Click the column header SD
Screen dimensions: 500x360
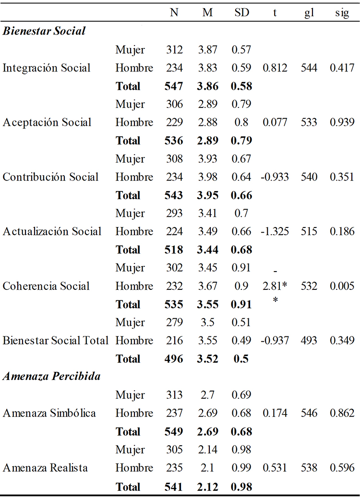point(242,13)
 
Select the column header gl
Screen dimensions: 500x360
point(309,13)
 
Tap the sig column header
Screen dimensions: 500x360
point(342,13)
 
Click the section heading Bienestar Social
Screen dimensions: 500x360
point(44,31)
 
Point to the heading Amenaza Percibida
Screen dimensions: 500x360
point(51,377)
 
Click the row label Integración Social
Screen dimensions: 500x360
point(47,68)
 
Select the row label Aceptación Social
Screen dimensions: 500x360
point(47,122)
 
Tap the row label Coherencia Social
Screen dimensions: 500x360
point(46,286)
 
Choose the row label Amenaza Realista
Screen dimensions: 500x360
point(45,468)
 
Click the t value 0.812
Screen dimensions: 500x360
point(275,68)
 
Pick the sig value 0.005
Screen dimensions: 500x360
point(342,286)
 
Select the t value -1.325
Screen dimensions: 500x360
point(275,231)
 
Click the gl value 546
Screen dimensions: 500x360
point(309,413)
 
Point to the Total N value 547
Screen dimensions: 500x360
point(174,86)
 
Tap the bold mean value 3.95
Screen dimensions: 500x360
point(207,195)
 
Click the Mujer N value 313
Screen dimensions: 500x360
point(174,395)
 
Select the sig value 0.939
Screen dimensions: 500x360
point(342,122)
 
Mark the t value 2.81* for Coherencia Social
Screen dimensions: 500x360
point(275,286)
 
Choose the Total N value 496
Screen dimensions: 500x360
point(174,359)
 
